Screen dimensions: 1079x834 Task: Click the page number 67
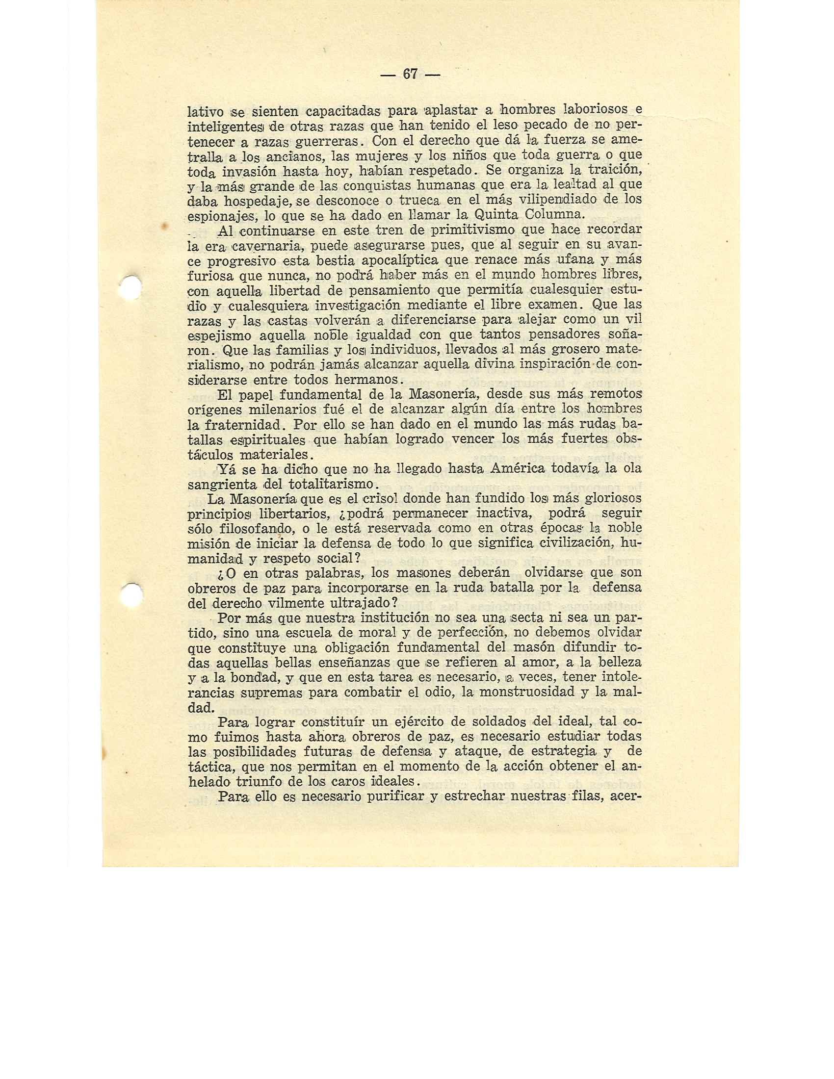pos(410,74)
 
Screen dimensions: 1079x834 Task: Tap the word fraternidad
pos(234,424)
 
